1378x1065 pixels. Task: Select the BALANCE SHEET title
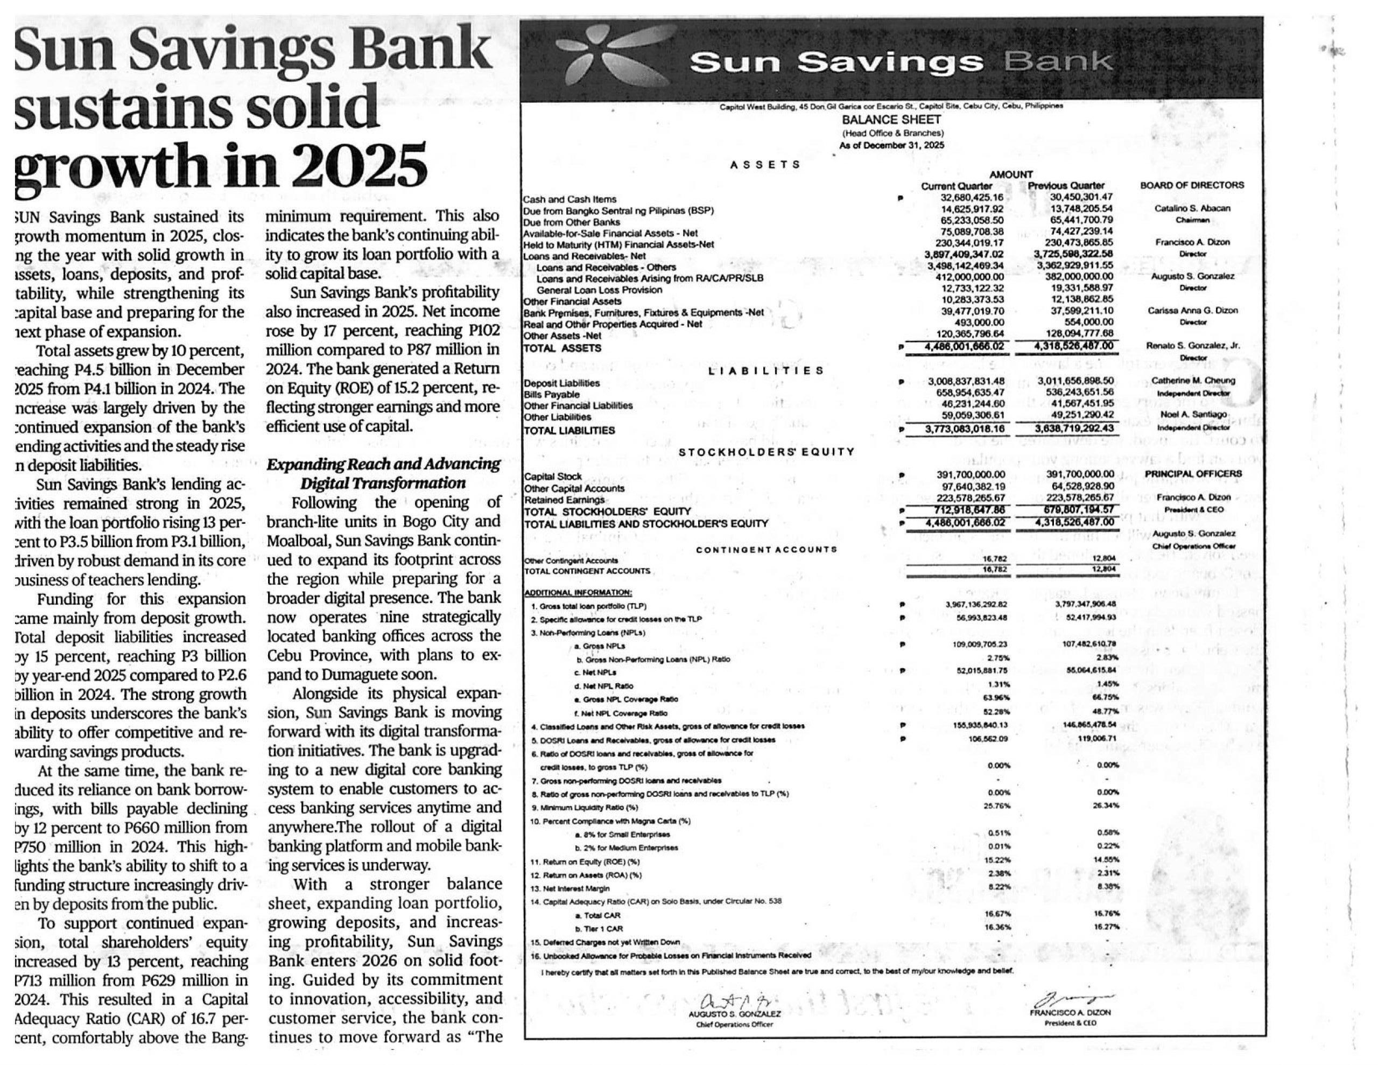891,120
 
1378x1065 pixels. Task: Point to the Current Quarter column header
957,186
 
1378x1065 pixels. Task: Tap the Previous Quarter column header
1066,186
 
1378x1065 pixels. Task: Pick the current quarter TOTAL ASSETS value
964,347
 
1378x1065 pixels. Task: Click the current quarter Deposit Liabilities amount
966,381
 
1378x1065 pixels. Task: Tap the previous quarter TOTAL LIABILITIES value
1074,429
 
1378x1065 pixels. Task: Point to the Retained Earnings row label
564,499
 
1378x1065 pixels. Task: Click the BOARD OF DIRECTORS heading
1192,185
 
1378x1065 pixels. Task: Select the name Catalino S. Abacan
1192,208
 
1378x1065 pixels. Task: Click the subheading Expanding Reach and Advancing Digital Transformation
383,473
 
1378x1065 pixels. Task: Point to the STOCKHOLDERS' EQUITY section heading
766,452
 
